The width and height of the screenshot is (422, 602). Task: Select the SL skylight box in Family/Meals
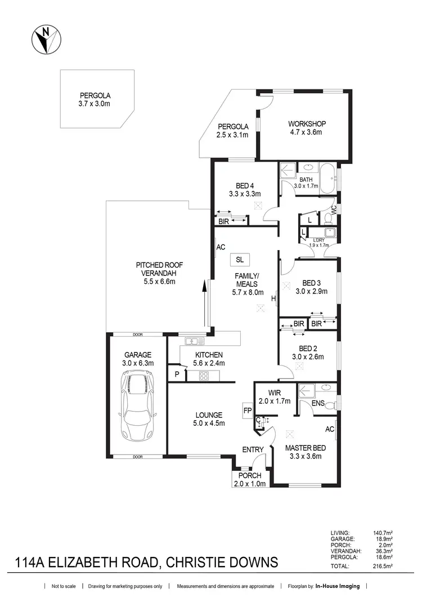[x=240, y=259]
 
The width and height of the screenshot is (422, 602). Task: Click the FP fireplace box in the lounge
[x=248, y=411]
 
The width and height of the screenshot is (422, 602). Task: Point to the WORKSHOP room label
[x=307, y=124]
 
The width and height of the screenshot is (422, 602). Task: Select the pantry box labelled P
[x=177, y=374]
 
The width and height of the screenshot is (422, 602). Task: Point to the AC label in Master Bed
[x=330, y=429]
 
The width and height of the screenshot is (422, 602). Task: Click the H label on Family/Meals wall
[x=273, y=299]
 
